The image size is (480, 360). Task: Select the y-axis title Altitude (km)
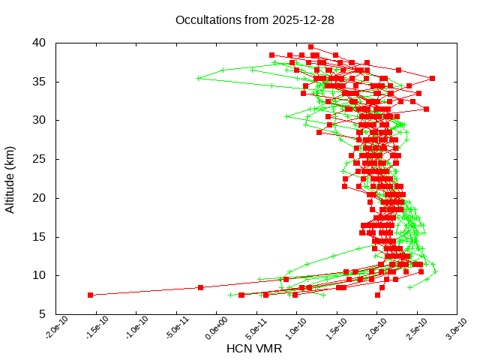[10, 178]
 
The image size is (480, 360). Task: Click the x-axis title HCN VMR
[254, 348]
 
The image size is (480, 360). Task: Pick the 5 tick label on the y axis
[43, 314]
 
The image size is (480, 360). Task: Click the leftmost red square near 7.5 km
[91, 295]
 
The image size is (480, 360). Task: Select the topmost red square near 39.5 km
[311, 46]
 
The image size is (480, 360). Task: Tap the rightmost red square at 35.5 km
[432, 78]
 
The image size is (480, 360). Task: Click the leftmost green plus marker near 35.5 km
[199, 78]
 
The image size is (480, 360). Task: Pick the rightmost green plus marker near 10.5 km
[434, 271]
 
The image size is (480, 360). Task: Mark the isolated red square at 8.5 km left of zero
[200, 287]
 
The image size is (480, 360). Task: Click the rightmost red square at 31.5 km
[426, 109]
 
